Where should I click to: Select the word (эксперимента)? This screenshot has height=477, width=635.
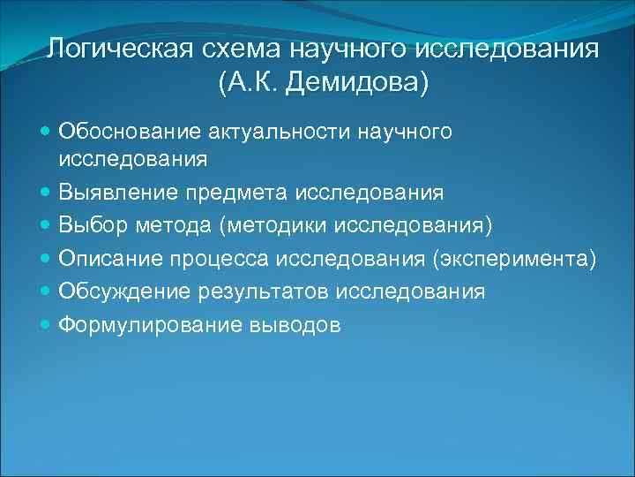523,259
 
